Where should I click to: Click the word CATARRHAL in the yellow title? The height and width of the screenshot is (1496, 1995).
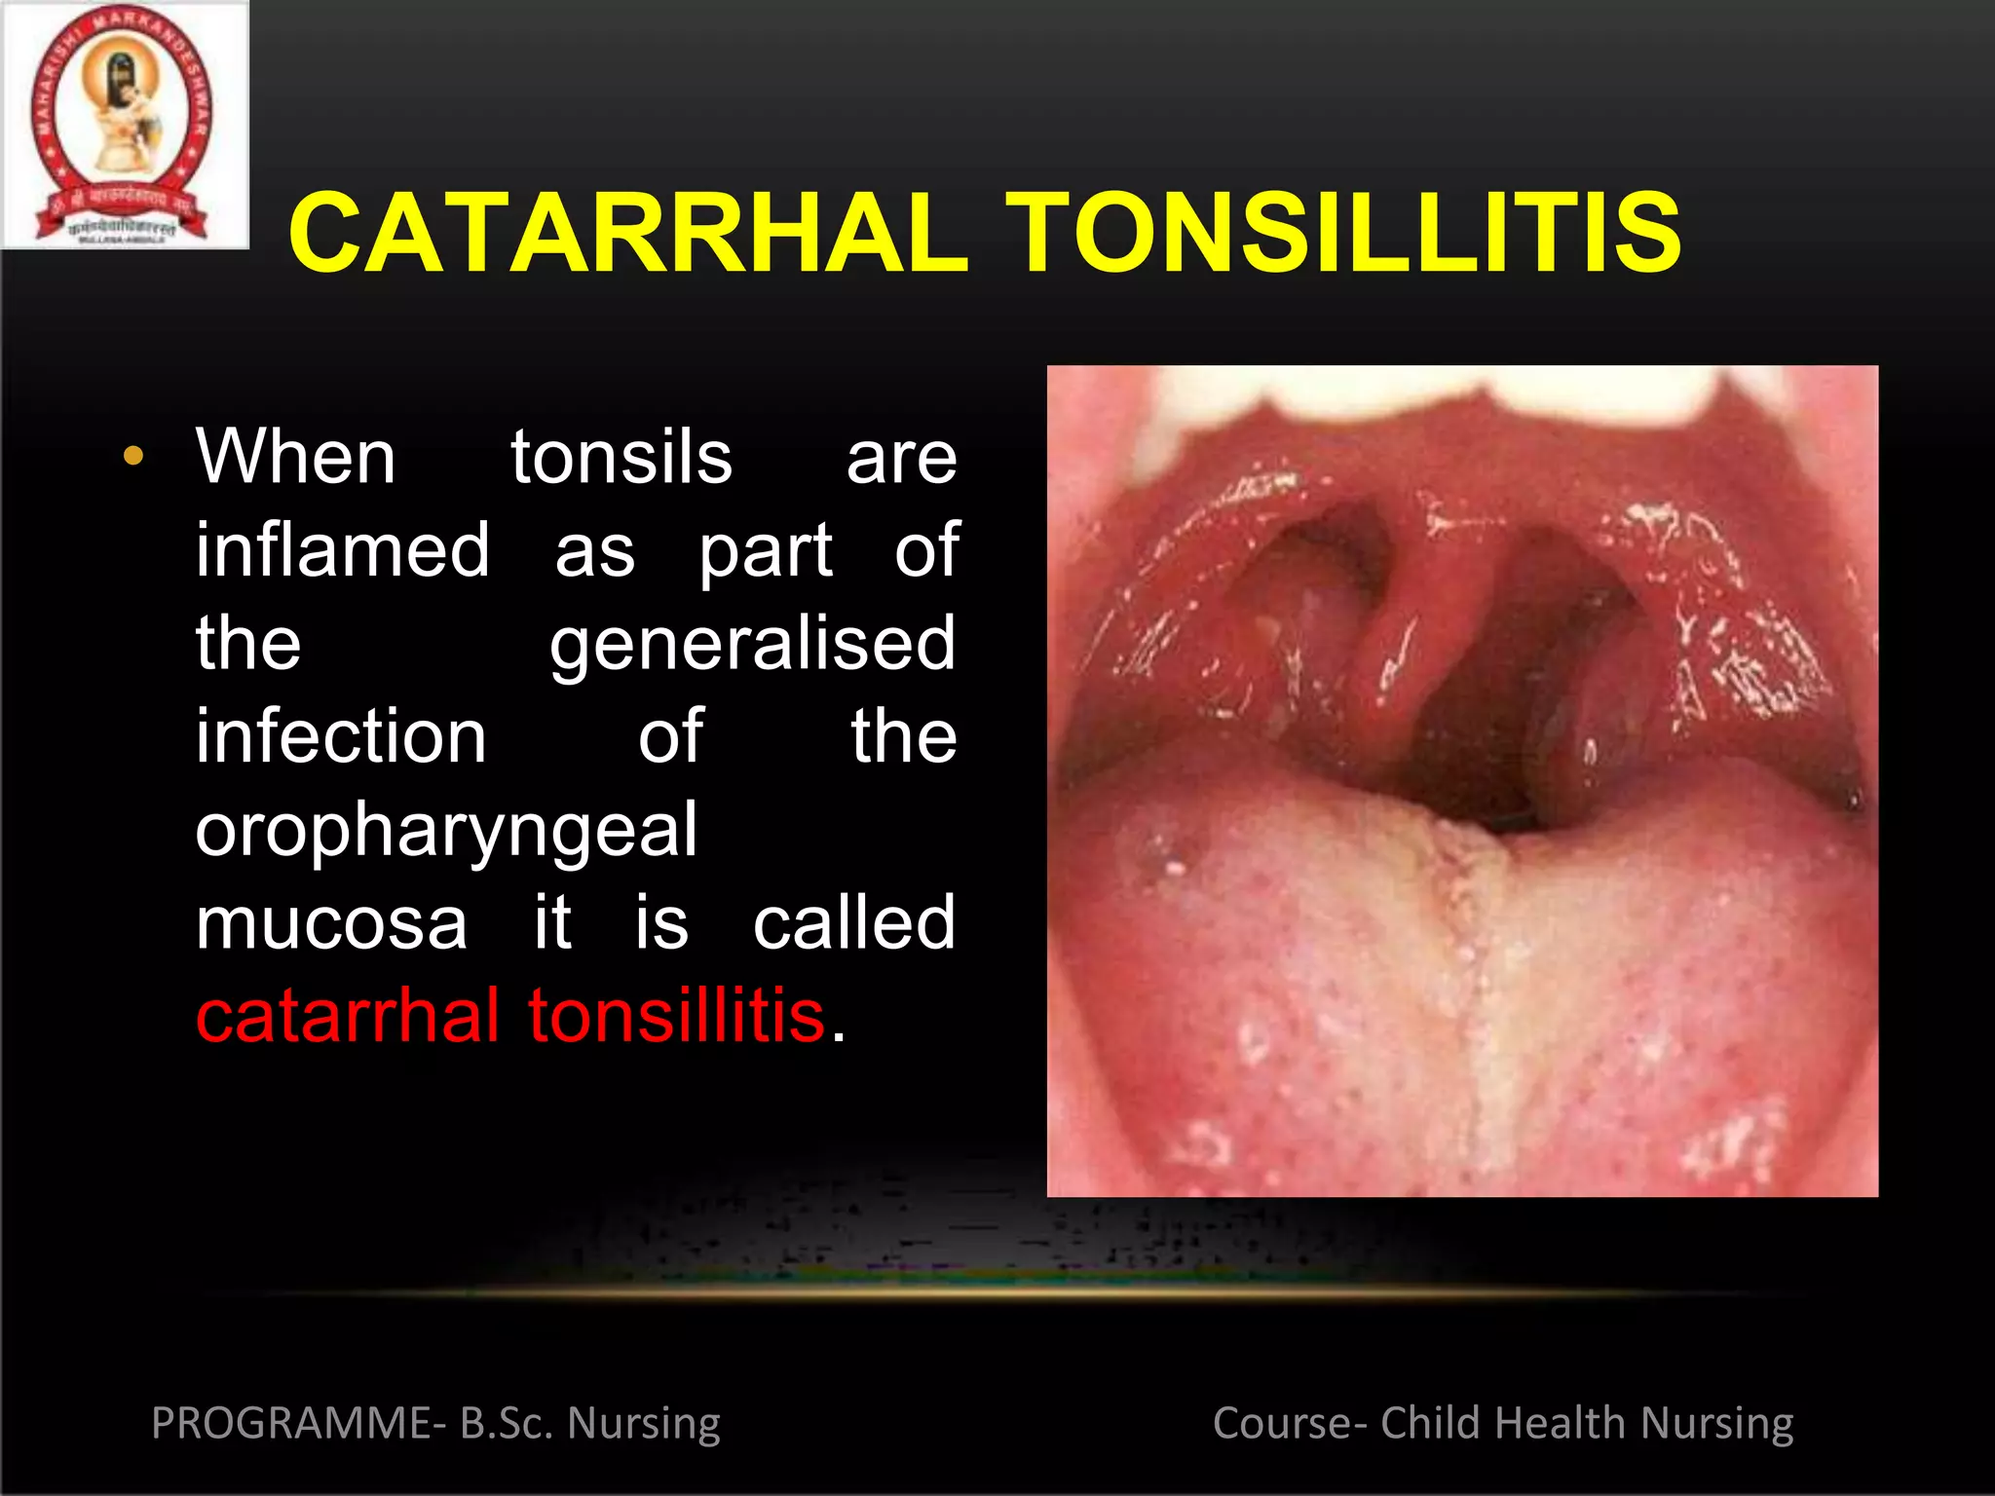coord(628,234)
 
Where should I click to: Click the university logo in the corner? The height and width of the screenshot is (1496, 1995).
coord(124,124)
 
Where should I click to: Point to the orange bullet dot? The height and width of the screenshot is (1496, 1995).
coord(133,456)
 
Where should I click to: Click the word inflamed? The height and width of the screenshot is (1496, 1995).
coord(342,549)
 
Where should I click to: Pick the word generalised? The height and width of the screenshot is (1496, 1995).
coord(752,643)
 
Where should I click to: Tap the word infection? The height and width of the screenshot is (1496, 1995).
coord(341,736)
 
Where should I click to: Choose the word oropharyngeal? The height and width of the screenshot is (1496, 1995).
coord(446,830)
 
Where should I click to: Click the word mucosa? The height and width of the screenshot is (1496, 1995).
coord(331,923)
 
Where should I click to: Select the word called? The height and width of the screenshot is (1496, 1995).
coord(854,923)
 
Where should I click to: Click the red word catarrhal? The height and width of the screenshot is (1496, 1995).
coord(348,1016)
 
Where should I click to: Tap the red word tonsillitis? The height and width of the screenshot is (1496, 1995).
coord(676,1016)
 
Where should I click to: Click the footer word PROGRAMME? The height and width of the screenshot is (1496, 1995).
coord(291,1423)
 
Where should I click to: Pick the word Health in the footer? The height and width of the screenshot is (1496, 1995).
coord(1560,1423)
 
